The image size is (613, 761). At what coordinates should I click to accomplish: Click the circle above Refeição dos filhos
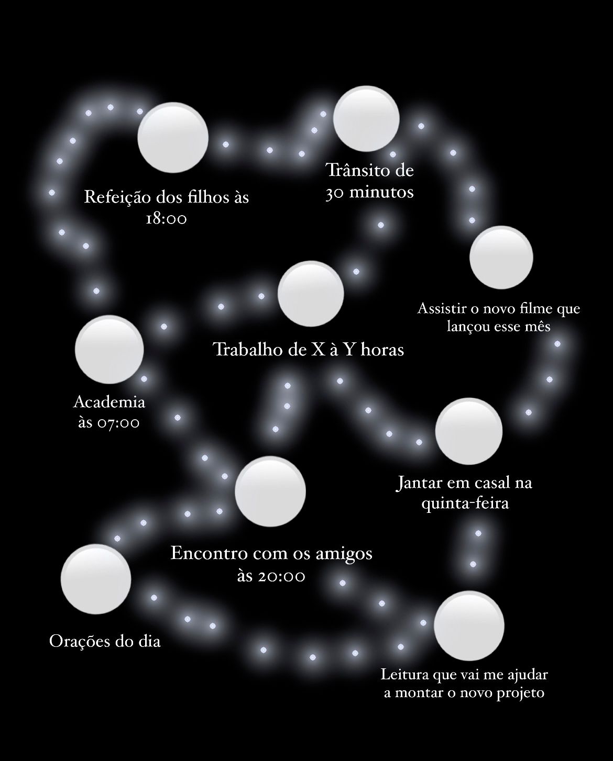click(173, 137)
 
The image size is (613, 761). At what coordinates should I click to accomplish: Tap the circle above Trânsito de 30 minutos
click(366, 119)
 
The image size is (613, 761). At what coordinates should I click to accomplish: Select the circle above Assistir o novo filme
click(501, 258)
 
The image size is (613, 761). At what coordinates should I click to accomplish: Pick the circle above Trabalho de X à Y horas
click(311, 294)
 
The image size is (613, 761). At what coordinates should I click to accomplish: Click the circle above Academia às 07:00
click(110, 349)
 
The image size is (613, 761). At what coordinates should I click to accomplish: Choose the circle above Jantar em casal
click(469, 431)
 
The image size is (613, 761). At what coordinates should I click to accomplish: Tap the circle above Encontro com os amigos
click(270, 491)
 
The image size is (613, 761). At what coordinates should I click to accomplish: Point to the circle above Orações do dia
click(96, 579)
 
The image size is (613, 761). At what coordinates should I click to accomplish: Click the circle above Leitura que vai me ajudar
click(469, 625)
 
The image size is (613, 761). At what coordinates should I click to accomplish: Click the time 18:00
click(166, 219)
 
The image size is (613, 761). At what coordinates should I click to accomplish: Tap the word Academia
click(109, 402)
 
